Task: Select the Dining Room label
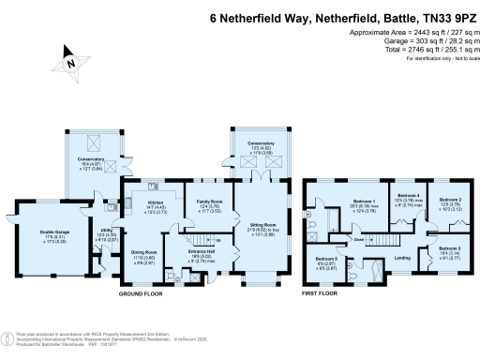pos(142,252)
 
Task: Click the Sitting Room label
pos(262,226)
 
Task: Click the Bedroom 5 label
pos(326,259)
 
